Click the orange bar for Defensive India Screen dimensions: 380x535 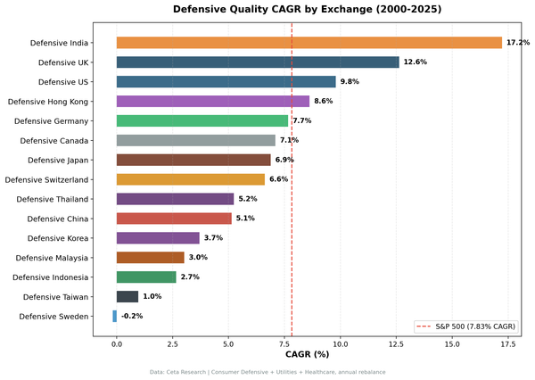pos(309,43)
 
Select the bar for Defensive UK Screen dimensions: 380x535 pos(258,62)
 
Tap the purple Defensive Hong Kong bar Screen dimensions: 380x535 pos(213,102)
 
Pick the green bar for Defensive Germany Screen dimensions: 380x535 pos(202,120)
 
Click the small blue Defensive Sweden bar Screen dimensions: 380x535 pos(114,316)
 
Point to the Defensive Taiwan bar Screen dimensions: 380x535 pos(128,296)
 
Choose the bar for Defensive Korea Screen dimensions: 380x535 pos(158,238)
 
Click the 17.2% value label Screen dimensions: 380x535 pos(518,43)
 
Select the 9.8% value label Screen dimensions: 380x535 pos(350,82)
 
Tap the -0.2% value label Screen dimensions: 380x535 pos(132,316)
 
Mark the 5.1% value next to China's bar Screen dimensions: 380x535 pos(245,219)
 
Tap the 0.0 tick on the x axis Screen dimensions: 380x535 pos(117,343)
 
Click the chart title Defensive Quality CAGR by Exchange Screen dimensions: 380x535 pos(307,10)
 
